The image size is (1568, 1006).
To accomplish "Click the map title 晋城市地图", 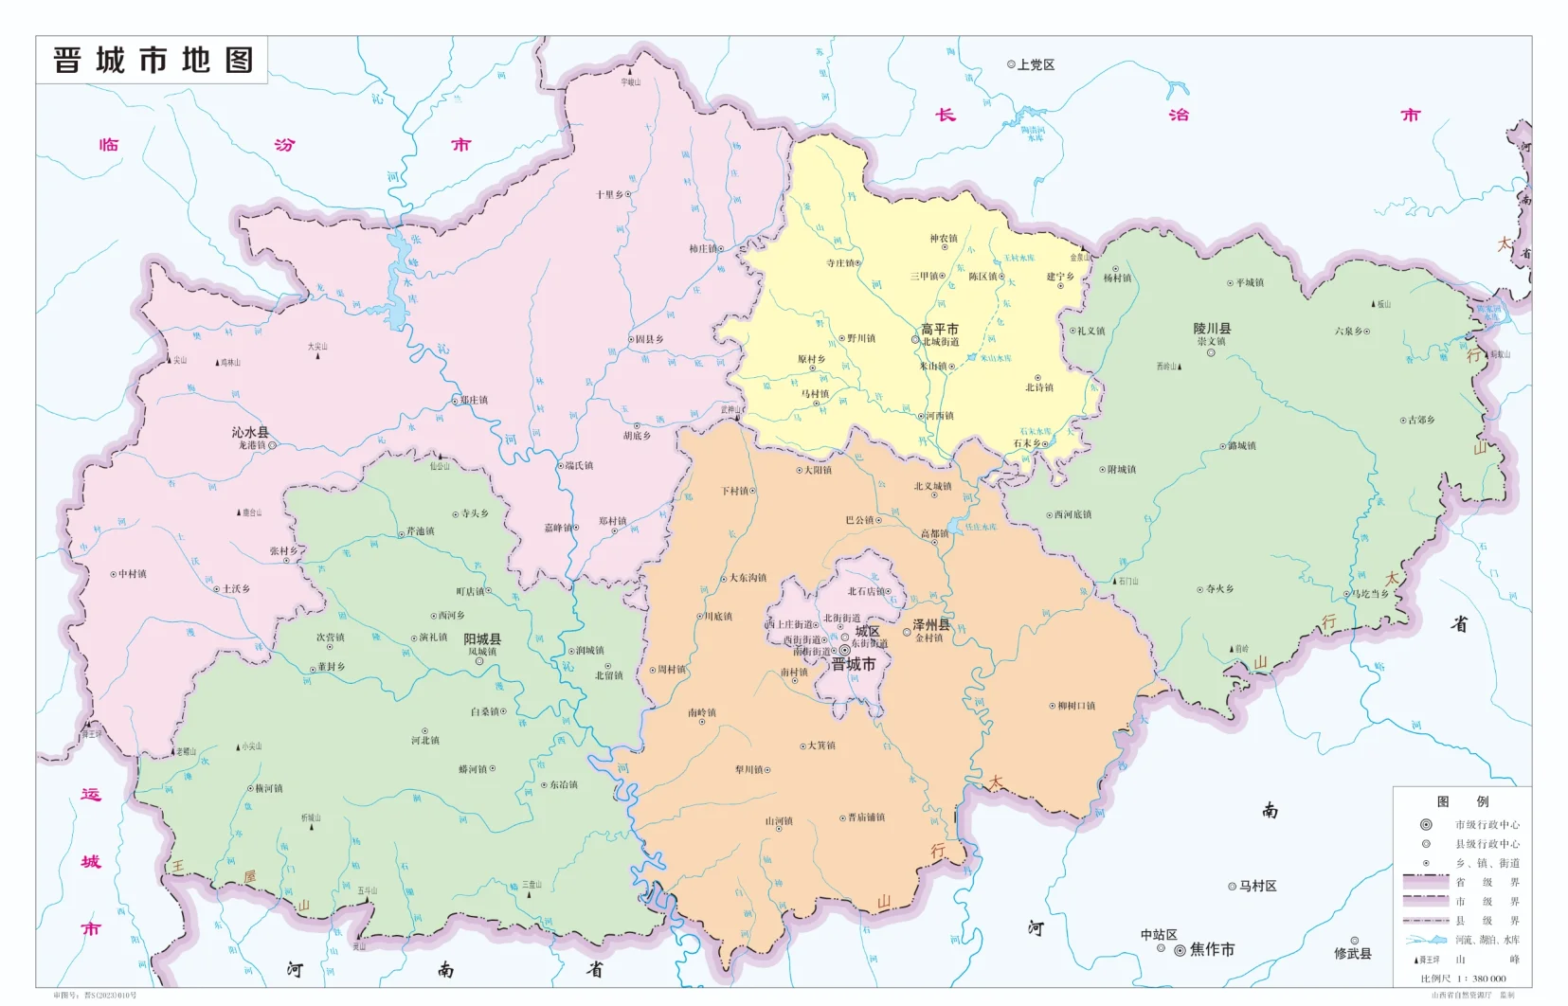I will tap(153, 61).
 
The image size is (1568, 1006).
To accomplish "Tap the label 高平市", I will tap(939, 329).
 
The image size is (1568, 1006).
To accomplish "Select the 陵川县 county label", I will tap(1212, 329).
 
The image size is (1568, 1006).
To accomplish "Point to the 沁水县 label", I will tap(250, 432).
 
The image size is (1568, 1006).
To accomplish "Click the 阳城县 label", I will tap(482, 639).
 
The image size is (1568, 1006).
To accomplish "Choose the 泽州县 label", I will tap(930, 625).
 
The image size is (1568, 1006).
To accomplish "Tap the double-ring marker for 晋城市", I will tap(845, 650).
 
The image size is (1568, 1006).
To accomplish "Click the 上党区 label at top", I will tap(1036, 65).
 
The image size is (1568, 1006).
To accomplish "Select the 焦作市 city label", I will tap(1212, 949).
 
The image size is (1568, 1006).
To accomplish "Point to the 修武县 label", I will tap(1353, 953).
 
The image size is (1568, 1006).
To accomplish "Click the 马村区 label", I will tap(1257, 886).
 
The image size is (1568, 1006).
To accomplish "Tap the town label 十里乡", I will tap(609, 194).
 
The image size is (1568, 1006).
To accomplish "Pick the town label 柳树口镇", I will tap(1076, 706).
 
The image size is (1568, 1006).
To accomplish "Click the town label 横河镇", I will tap(268, 788).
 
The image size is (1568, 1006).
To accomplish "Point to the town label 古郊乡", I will tap(1421, 420).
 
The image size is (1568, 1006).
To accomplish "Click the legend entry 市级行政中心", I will tap(1487, 825).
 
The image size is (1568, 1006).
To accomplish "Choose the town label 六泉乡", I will tap(1349, 332).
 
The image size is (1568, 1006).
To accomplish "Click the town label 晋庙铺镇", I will tap(866, 817).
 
